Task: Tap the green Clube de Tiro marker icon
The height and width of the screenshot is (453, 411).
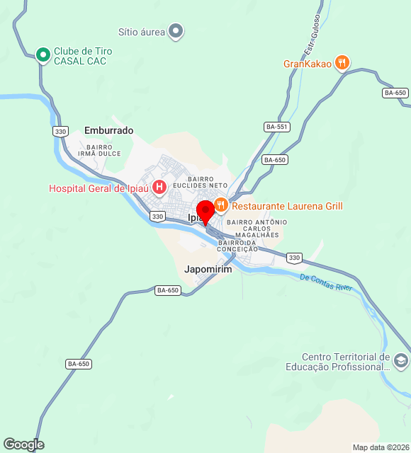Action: pos(43,54)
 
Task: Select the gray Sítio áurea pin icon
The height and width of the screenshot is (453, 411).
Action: pos(176,31)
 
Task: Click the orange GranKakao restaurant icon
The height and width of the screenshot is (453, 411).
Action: pos(342,63)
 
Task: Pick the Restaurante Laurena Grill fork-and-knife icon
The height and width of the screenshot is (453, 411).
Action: pos(220,206)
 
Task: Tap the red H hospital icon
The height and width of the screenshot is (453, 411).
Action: pos(159,188)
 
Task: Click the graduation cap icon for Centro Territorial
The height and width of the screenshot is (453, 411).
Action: pos(400,362)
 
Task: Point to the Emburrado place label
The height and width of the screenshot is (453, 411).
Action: pos(108,130)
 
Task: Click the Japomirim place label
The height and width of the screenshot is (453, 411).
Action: pos(208,270)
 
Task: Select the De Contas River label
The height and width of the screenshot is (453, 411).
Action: pos(325,282)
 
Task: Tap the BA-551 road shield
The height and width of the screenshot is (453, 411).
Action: pos(276,127)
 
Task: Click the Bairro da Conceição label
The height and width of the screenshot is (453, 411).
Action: pos(238,246)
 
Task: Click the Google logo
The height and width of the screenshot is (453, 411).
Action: pos(23,445)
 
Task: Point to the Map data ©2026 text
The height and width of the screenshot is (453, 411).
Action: pos(381,447)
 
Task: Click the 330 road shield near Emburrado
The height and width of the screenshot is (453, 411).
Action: pos(60,132)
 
